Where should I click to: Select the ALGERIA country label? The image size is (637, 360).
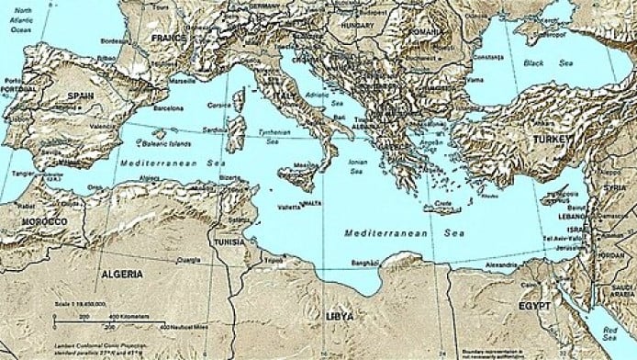(x=122, y=274)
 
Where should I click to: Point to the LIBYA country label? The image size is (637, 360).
(x=340, y=316)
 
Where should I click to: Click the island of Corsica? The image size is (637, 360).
(x=239, y=102)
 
